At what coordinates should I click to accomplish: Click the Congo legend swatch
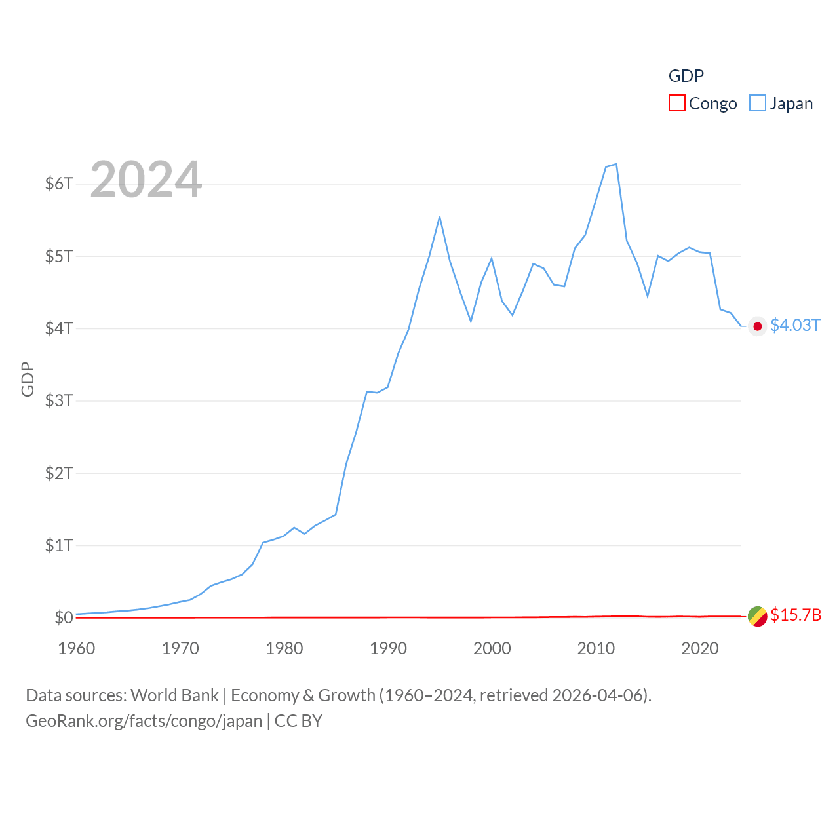[x=676, y=104]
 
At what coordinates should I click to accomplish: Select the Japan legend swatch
[x=757, y=104]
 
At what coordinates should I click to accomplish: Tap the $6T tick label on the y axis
[x=59, y=184]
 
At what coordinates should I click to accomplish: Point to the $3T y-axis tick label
[x=59, y=400]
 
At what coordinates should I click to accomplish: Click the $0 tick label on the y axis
[x=64, y=617]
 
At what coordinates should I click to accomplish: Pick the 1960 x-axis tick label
[x=77, y=648]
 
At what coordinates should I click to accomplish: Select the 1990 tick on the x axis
[x=388, y=648]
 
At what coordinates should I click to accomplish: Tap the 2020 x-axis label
[x=700, y=648]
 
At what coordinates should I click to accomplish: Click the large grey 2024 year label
[x=146, y=180]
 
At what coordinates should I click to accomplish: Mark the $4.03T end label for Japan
[x=795, y=326]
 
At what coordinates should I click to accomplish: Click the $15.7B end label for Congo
[x=796, y=615]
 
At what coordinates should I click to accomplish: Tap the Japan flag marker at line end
[x=758, y=326]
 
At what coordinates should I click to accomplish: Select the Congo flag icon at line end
[x=758, y=616]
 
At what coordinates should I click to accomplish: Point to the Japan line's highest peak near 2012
[x=616, y=164]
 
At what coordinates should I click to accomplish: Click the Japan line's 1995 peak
[x=439, y=217]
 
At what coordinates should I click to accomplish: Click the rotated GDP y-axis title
[x=28, y=379]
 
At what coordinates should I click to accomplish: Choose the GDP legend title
[x=686, y=76]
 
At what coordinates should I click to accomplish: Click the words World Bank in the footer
[x=175, y=695]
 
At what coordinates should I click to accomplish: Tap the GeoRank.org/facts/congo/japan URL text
[x=144, y=721]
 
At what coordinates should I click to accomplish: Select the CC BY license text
[x=298, y=721]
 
